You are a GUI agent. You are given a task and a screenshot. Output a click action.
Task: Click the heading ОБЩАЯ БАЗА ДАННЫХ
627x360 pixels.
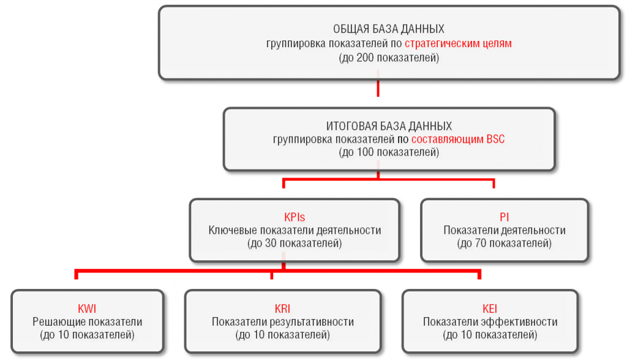click(389, 29)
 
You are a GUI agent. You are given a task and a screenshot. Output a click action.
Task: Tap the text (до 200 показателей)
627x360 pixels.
click(389, 59)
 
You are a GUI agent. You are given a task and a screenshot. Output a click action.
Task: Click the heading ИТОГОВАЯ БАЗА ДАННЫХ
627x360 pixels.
click(389, 126)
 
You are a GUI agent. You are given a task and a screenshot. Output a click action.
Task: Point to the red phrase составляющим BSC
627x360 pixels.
click(458, 140)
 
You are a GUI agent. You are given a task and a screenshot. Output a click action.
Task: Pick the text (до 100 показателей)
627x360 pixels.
click(389, 153)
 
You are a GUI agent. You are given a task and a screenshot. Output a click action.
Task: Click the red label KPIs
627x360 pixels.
click(295, 217)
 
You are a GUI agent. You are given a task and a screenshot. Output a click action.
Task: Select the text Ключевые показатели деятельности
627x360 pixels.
click(295, 231)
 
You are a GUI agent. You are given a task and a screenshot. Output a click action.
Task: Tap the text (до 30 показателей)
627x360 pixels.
click(295, 244)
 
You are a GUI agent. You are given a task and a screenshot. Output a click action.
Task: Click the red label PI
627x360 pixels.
click(504, 217)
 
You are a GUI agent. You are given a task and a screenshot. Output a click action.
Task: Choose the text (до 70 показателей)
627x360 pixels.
click(504, 244)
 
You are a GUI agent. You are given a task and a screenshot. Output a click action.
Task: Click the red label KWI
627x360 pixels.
click(88, 309)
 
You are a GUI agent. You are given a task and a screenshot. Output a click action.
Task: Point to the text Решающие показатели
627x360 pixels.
click(88, 322)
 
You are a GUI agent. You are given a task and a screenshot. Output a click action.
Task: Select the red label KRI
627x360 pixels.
click(282, 309)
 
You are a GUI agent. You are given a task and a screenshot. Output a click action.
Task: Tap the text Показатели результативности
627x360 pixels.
click(282, 322)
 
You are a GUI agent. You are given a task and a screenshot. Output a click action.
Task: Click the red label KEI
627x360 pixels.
click(490, 309)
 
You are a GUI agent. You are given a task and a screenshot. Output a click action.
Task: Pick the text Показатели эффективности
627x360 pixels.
click(490, 322)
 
